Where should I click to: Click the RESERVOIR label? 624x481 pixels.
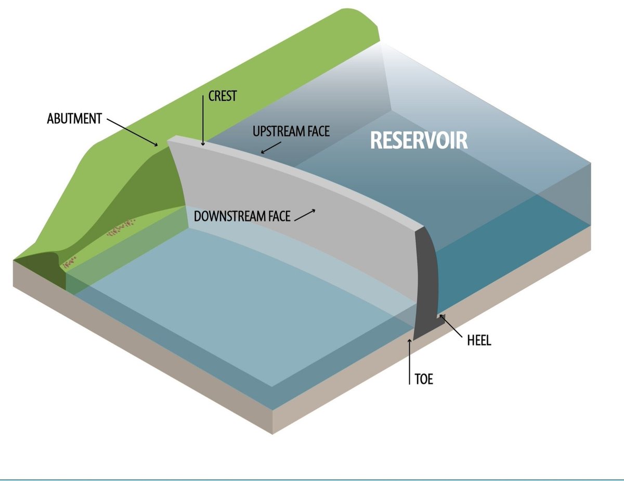(419, 140)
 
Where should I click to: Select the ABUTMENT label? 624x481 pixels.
(74, 119)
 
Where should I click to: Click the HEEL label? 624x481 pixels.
(478, 341)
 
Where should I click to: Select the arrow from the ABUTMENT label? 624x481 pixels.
(133, 132)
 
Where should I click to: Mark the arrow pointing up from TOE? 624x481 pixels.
(410, 359)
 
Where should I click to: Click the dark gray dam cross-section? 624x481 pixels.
(428, 281)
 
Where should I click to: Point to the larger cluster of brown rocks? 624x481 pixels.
(122, 228)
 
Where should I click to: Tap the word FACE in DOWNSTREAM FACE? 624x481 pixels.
(276, 216)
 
